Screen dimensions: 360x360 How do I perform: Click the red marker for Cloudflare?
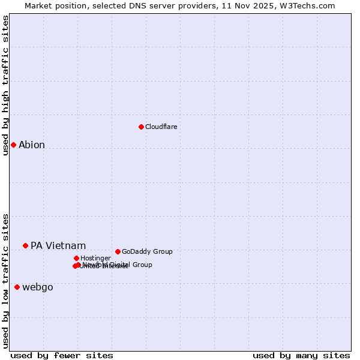tap(141, 127)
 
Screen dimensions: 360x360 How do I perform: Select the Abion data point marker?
tap(13, 145)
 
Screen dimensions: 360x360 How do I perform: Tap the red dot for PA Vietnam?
tap(25, 245)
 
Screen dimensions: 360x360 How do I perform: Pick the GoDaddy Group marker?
tap(118, 251)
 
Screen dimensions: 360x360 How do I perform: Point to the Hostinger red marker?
tap(76, 258)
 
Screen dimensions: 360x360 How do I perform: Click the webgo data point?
tap(17, 287)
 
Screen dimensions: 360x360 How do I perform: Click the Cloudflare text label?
tap(161, 127)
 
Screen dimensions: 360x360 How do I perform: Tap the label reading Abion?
tap(32, 145)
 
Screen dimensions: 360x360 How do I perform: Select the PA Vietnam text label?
tap(58, 245)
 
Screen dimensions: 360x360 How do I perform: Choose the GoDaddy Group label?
tap(147, 251)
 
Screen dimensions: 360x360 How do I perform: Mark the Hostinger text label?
tap(95, 258)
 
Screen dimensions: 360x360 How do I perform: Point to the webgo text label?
tap(38, 287)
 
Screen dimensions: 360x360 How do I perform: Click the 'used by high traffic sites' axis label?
tap(5, 85)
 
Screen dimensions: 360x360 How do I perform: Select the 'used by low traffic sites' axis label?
tap(5, 281)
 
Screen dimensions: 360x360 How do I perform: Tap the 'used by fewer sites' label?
tap(62, 355)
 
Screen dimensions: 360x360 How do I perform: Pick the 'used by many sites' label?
tap(301, 355)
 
